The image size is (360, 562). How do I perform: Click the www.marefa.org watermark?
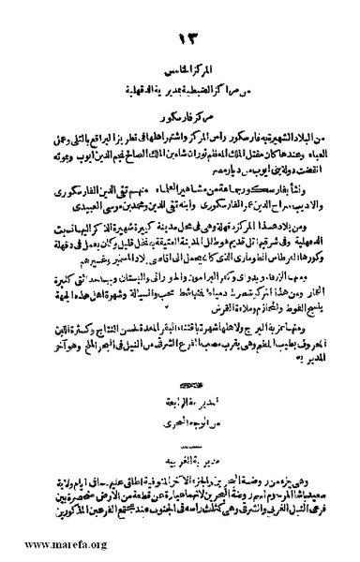(x=46, y=543)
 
